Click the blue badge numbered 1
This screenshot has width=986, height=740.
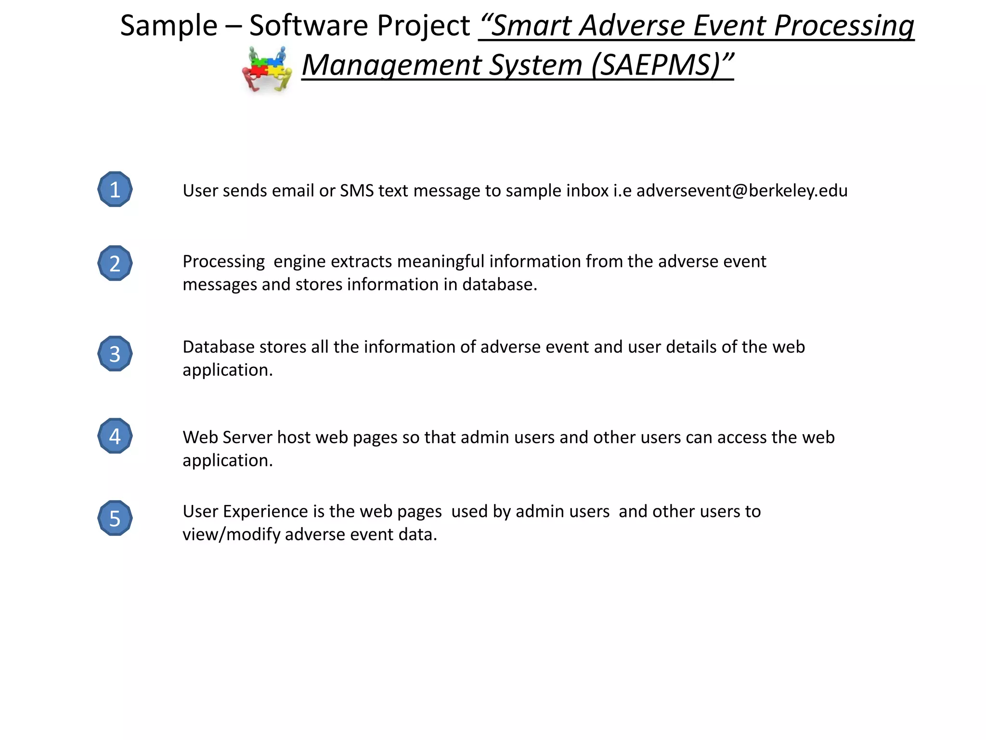(x=115, y=189)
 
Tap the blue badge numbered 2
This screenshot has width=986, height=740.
(x=115, y=264)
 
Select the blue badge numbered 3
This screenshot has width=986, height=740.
(x=115, y=354)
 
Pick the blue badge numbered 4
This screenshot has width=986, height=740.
(x=115, y=436)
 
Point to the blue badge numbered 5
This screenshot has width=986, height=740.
(x=115, y=518)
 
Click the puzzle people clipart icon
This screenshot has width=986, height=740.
(x=267, y=69)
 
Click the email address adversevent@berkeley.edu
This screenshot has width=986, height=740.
(x=742, y=191)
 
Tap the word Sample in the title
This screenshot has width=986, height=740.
(x=169, y=26)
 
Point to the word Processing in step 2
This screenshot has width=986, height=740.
(x=223, y=262)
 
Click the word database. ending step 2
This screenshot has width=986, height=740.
(x=499, y=285)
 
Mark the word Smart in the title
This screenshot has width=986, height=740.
(x=531, y=26)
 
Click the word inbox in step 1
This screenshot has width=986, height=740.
(x=587, y=191)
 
